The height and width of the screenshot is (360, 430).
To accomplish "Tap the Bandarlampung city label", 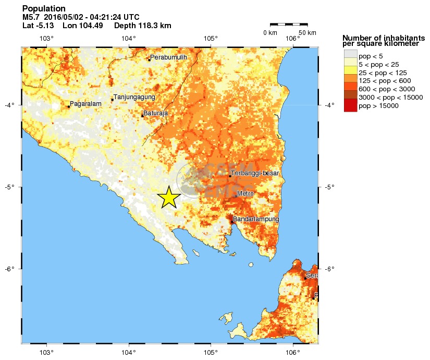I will [256, 219].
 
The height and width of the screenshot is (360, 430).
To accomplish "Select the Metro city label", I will [245, 194].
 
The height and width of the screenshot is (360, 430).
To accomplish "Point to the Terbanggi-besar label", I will [255, 173].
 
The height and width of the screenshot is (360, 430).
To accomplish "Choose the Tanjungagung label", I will [134, 97].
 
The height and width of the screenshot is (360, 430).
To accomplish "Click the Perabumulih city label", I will [168, 57].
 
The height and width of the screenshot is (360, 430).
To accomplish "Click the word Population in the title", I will [44, 8].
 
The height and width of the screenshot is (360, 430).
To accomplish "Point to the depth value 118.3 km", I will [153, 26].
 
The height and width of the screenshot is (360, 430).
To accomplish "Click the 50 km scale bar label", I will [308, 33].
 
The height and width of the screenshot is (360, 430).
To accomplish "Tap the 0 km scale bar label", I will [270, 33].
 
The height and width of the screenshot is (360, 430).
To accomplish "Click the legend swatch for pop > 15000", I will [350, 106].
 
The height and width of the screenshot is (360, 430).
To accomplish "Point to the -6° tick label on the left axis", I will [9, 269].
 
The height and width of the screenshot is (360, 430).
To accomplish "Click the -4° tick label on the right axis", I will [329, 105].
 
